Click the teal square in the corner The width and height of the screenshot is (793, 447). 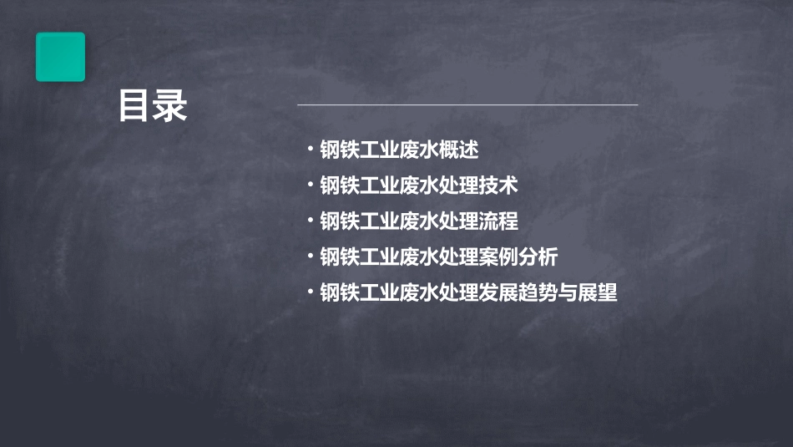60,57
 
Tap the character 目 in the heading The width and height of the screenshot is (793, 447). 134,106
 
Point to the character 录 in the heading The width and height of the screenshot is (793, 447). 170,106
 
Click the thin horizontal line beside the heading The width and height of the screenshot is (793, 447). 467,105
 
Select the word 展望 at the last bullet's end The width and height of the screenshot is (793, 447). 598,293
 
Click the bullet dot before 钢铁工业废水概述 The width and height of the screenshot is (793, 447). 310,150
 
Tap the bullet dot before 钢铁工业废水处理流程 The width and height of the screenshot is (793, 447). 310,221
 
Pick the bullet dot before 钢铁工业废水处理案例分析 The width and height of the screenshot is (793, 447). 310,257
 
